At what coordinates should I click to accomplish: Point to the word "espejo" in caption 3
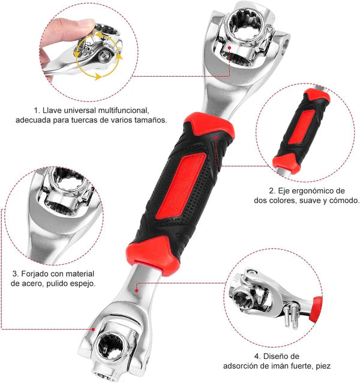point(82,283)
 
